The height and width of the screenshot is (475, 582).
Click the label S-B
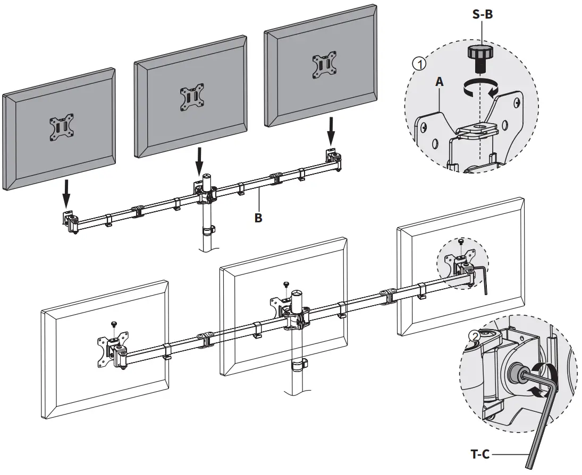click(483, 15)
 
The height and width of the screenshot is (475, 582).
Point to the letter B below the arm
click(258, 218)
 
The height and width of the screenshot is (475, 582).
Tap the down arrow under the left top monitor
click(65, 194)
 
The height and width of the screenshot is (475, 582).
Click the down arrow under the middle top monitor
click(199, 162)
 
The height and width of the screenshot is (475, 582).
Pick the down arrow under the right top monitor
click(331, 132)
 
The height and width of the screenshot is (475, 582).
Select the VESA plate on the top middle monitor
click(191, 97)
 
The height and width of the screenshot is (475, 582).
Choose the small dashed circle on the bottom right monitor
click(461, 260)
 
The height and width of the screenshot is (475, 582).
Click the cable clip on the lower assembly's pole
click(299, 366)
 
